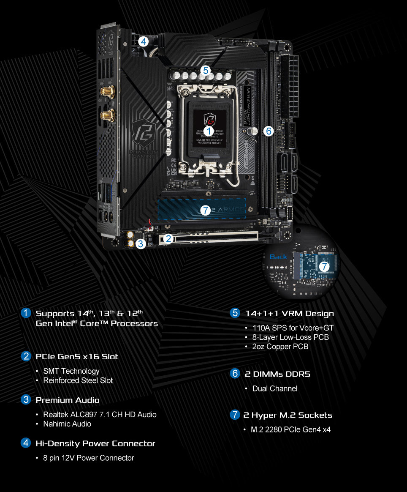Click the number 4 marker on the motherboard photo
[x=144, y=41]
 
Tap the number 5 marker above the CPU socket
[x=206, y=70]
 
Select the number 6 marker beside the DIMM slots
[x=269, y=131]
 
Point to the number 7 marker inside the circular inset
[x=324, y=267]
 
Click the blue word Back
[x=278, y=257]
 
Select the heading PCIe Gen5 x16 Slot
[x=77, y=356]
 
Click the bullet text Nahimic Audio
[x=67, y=424]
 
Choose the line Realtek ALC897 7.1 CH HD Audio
[x=100, y=415]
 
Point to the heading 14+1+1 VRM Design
[x=289, y=313]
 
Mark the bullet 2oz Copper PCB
[x=280, y=346]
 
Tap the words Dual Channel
[x=275, y=388]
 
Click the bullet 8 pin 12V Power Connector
[x=89, y=458]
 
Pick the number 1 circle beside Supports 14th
[x=26, y=313]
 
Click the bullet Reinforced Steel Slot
[x=78, y=380]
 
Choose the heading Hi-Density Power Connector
[x=95, y=443]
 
